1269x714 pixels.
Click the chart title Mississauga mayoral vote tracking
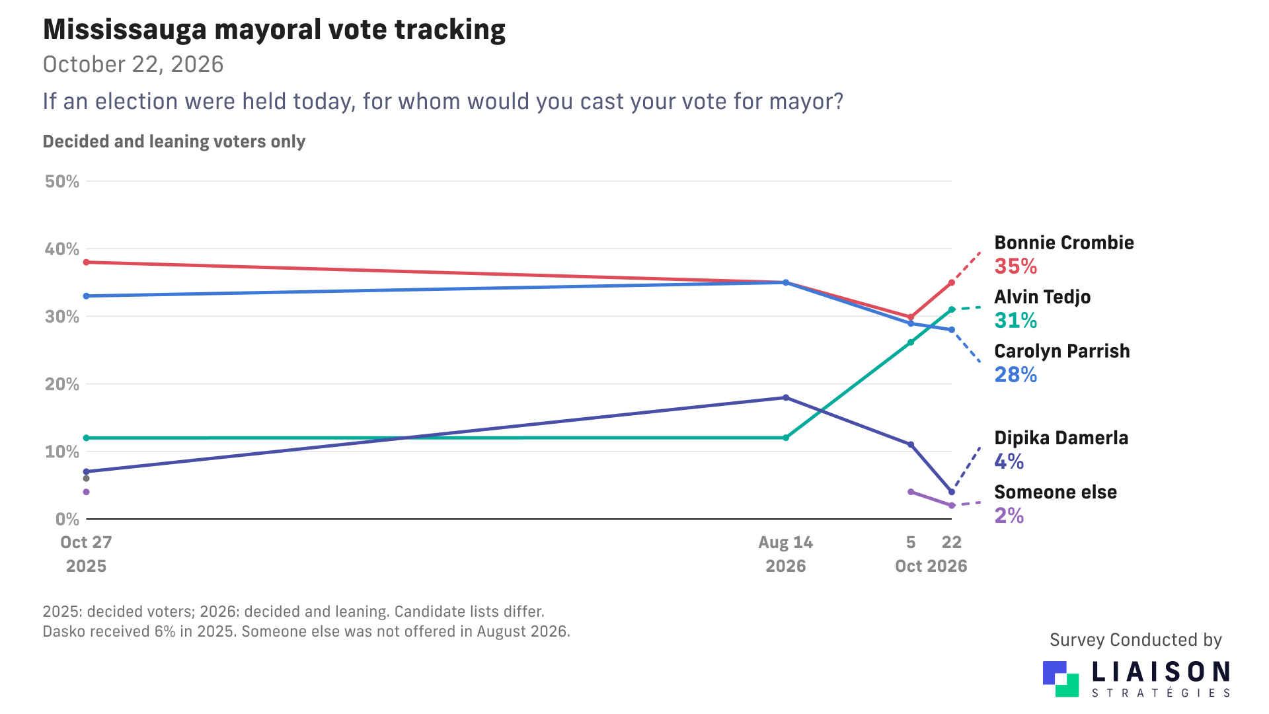click(274, 30)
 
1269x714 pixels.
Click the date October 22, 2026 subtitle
click(133, 65)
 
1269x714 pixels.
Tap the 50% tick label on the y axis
click(62, 182)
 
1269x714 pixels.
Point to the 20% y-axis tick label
click(62, 384)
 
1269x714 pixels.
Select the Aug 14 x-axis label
click(785, 543)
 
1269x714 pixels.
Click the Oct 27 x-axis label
click(86, 543)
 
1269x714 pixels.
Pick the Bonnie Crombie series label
click(1064, 243)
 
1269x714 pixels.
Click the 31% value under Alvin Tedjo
click(1016, 321)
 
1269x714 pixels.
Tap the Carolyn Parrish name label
click(1062, 351)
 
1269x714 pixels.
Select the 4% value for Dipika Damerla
click(1009, 461)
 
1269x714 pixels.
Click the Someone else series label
click(1056, 493)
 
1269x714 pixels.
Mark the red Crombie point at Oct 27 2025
click(86, 262)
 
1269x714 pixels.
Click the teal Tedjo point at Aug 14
click(786, 438)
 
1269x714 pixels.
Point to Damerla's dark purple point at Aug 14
click(786, 397)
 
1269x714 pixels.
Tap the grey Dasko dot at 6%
click(86, 479)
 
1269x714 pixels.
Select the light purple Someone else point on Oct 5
click(911, 492)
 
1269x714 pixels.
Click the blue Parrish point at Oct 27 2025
click(86, 296)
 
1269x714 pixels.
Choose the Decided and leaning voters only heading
click(174, 142)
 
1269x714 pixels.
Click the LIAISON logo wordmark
click(1161, 672)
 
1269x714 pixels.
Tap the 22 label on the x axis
click(952, 543)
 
